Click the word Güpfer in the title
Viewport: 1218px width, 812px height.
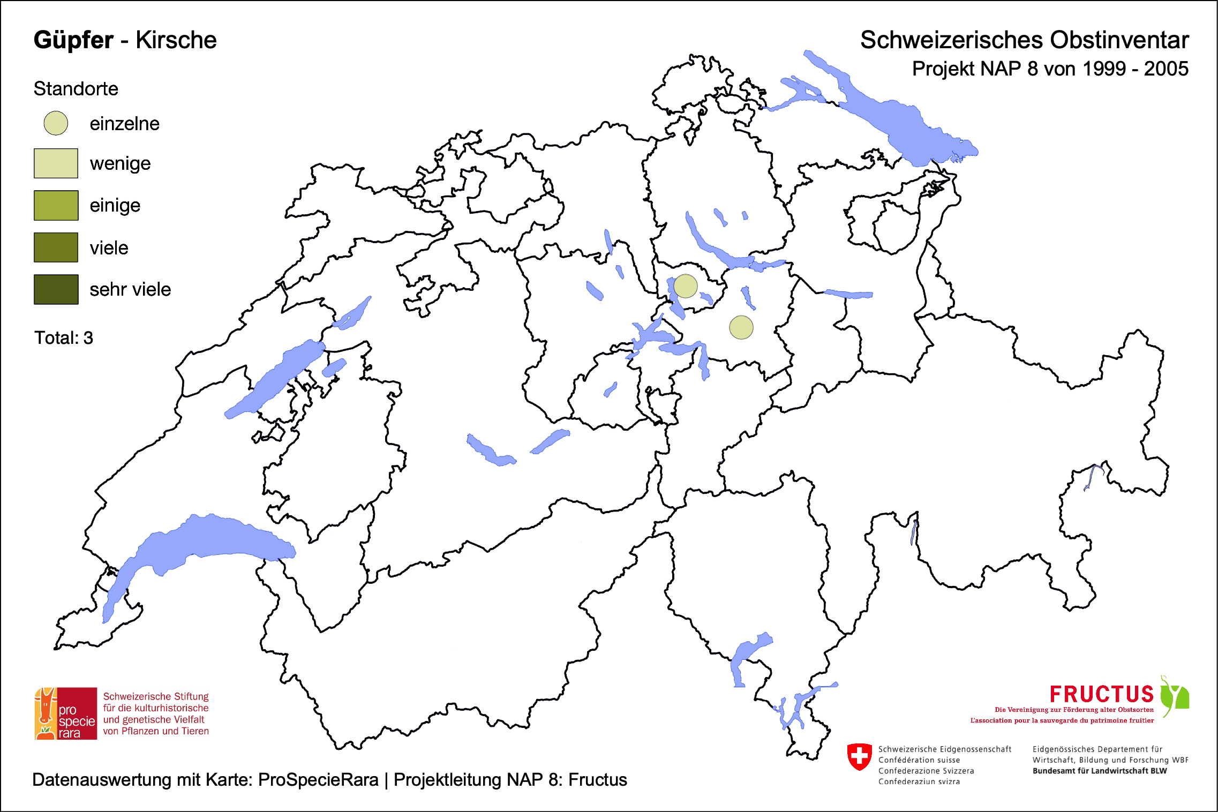pyautogui.click(x=73, y=40)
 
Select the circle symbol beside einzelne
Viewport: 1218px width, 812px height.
pyautogui.click(x=56, y=123)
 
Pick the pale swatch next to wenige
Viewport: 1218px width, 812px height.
pyautogui.click(x=56, y=163)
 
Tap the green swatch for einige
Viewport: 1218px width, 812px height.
pyautogui.click(x=56, y=205)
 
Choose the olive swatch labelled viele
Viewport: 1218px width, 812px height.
pyautogui.click(x=56, y=247)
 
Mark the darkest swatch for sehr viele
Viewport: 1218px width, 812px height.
pyautogui.click(x=56, y=289)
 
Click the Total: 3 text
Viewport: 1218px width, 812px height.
pyautogui.click(x=64, y=338)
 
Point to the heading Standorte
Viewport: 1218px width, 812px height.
pyautogui.click(x=76, y=89)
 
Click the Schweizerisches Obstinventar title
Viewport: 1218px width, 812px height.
pyautogui.click(x=1024, y=40)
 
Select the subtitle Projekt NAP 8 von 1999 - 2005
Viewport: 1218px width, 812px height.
pyautogui.click(x=1050, y=69)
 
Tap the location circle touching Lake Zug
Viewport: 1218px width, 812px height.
pyautogui.click(x=685, y=286)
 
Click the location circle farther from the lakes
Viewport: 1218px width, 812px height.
pyautogui.click(x=741, y=327)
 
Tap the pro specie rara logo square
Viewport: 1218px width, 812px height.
pyautogui.click(x=66, y=713)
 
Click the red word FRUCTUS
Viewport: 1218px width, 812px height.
pyautogui.click(x=1101, y=694)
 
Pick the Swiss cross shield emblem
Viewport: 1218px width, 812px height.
pyautogui.click(x=859, y=756)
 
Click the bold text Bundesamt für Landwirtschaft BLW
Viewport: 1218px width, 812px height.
pyautogui.click(x=1099, y=771)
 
